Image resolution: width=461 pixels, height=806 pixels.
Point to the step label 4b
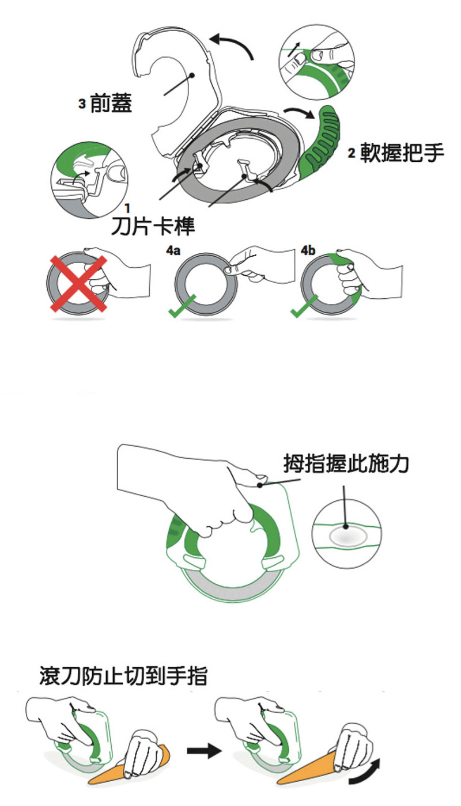(x=309, y=251)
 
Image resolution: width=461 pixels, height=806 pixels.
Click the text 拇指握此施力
(x=346, y=463)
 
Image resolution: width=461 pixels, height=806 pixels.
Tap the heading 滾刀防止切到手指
(x=123, y=675)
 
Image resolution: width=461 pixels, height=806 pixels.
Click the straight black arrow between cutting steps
(x=204, y=751)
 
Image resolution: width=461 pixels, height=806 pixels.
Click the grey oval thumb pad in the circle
(x=346, y=537)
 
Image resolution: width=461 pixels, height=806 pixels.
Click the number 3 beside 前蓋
(x=82, y=104)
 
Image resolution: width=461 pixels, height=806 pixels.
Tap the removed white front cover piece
(x=173, y=86)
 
